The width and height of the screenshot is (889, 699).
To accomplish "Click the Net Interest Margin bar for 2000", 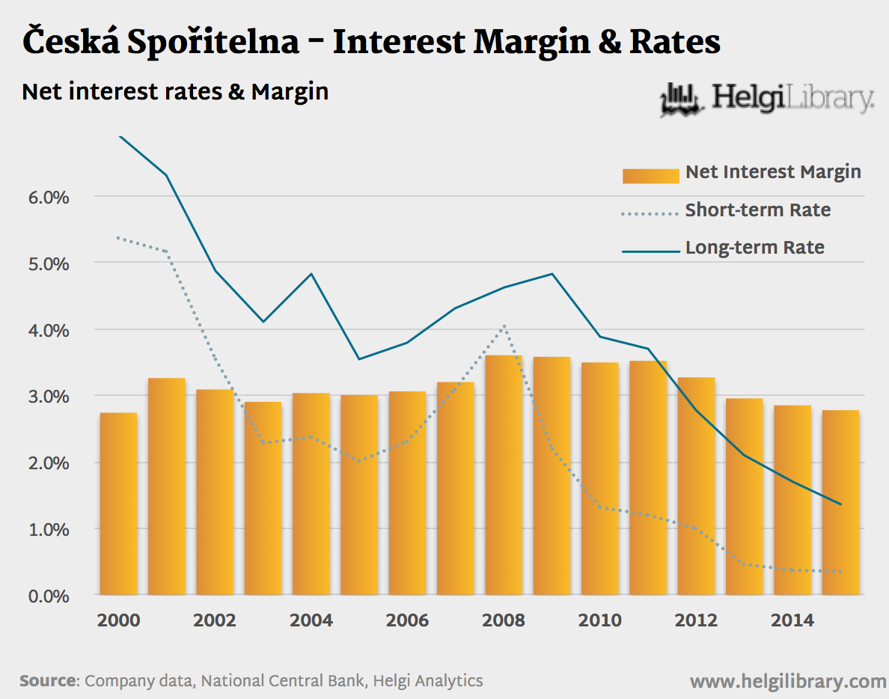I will pyautogui.click(x=118, y=503).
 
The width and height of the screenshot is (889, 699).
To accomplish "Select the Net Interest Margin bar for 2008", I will pyautogui.click(x=504, y=474).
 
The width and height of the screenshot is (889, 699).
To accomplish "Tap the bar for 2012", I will pyautogui.click(x=697, y=486).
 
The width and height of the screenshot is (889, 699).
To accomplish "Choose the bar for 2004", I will pyautogui.click(x=311, y=493).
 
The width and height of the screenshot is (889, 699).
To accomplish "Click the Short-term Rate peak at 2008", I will pyautogui.click(x=504, y=326).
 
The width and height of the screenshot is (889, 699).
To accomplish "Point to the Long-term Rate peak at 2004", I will pyautogui.click(x=311, y=274).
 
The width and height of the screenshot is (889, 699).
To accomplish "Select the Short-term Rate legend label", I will pyautogui.click(x=757, y=210).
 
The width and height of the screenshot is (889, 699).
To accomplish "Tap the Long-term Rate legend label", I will pyautogui.click(x=754, y=248).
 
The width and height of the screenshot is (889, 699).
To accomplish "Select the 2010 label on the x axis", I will pyautogui.click(x=600, y=620).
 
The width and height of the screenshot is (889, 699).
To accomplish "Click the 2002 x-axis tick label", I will pyautogui.click(x=215, y=620).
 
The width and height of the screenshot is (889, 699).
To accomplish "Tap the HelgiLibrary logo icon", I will pyautogui.click(x=681, y=100).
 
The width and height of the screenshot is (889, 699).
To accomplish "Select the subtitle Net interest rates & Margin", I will pyautogui.click(x=175, y=91).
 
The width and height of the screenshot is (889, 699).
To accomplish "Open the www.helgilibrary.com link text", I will pyautogui.click(x=788, y=681).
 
